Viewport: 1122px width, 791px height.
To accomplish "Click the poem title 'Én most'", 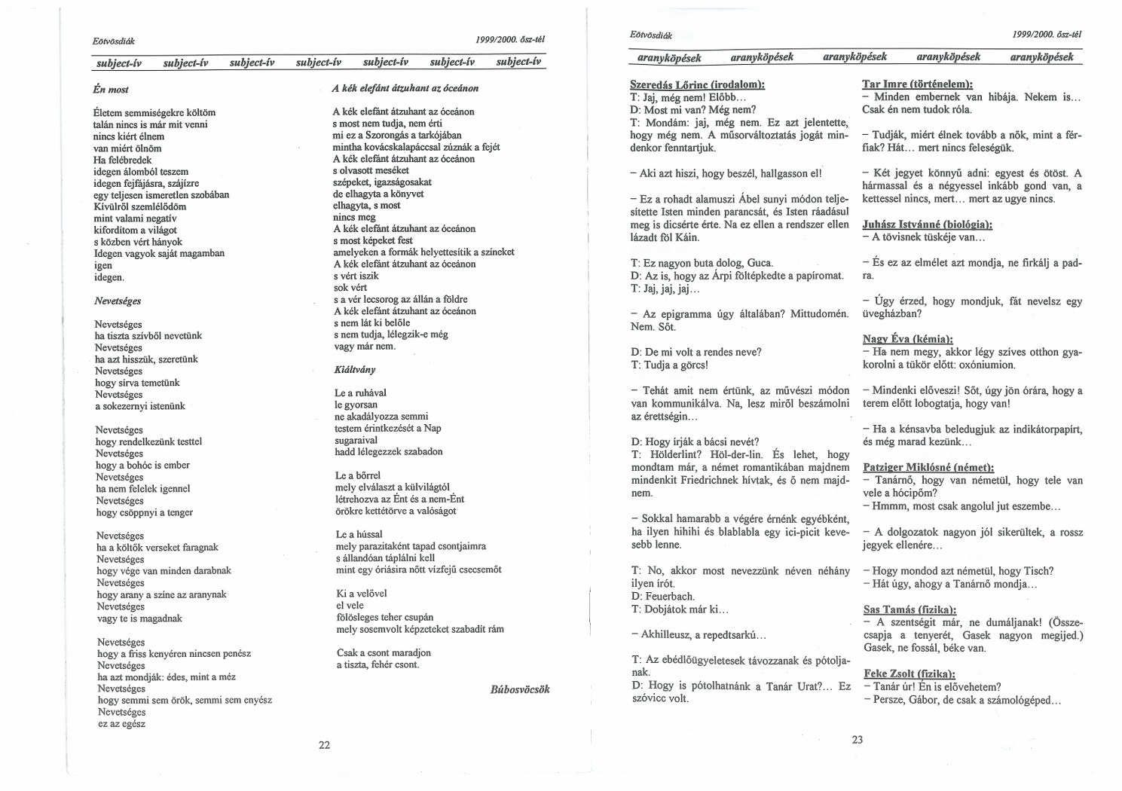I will point(110,90).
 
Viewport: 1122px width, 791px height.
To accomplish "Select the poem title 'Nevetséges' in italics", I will point(117,301).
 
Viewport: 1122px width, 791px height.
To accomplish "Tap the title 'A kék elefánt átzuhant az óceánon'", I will point(405,88).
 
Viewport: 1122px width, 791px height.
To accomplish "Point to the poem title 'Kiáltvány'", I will point(354,370).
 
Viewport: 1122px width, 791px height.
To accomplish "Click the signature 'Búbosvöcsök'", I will point(519,689).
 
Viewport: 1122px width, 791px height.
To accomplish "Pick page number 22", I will point(325,745).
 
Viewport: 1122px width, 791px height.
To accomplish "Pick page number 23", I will point(858,739).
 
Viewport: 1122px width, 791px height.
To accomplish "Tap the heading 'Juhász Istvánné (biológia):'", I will point(927,224).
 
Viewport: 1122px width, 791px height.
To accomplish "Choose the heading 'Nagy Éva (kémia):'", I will point(907,339).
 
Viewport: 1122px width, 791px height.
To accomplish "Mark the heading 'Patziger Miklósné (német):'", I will point(928,467).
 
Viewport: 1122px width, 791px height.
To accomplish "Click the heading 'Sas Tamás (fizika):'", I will point(910,609).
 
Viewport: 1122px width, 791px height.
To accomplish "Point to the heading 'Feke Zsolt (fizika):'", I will point(909,673).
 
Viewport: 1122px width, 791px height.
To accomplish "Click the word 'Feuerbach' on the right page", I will point(669,597).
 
